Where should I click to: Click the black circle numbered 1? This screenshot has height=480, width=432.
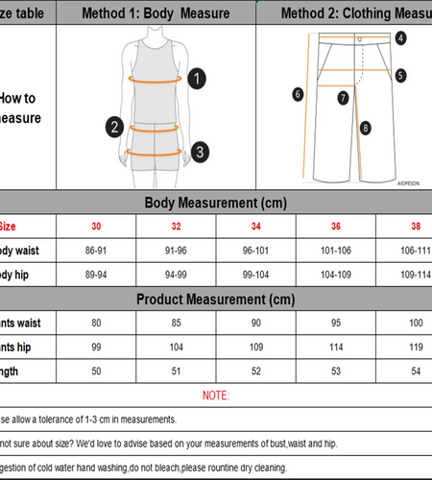pyautogui.click(x=196, y=79)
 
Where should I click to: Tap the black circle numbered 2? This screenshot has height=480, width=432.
pyautogui.click(x=114, y=126)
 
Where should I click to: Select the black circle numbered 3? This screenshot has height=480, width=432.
pyautogui.click(x=198, y=151)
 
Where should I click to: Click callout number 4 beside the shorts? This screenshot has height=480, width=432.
pyautogui.click(x=400, y=38)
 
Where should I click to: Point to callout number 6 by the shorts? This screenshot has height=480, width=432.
pyautogui.click(x=299, y=94)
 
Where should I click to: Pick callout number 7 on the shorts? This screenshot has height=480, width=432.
pyautogui.click(x=343, y=97)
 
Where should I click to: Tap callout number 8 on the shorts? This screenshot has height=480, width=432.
pyautogui.click(x=365, y=127)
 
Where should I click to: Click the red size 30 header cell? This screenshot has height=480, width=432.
pyautogui.click(x=95, y=228)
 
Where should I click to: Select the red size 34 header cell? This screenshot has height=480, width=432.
pyautogui.click(x=255, y=228)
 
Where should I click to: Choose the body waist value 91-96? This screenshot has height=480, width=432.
pyautogui.click(x=176, y=251)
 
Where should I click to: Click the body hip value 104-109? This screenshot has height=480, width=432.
pyautogui.click(x=336, y=274)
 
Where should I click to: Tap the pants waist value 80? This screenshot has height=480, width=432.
pyautogui.click(x=95, y=322)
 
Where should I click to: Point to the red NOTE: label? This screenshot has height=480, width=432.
pyautogui.click(x=216, y=396)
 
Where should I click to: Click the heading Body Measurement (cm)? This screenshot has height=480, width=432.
pyautogui.click(x=216, y=204)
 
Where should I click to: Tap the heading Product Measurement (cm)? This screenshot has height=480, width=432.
pyautogui.click(x=216, y=299)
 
